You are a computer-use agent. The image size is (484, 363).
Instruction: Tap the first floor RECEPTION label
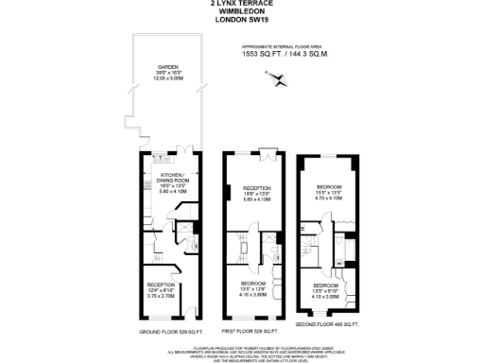257,188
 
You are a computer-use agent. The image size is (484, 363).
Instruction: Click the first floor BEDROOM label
252,284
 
